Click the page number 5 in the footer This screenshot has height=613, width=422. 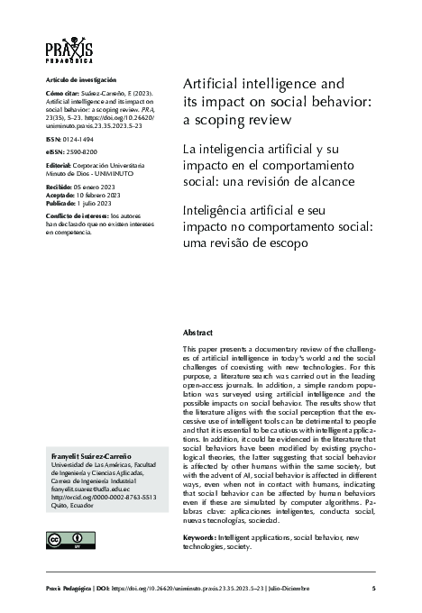pos(373,589)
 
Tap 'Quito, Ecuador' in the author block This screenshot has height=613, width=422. pos(69,505)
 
